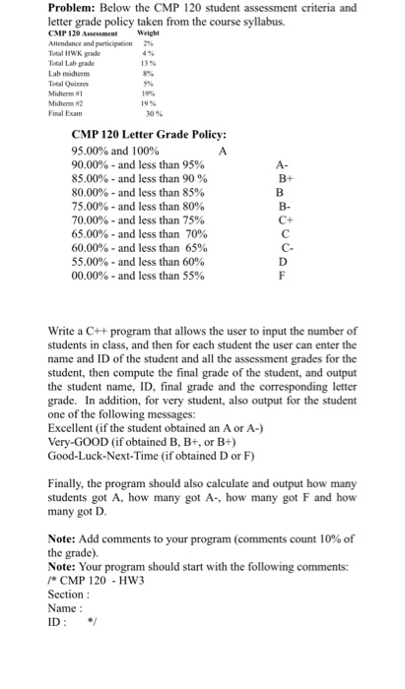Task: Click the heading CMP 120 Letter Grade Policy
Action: [x=149, y=134]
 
